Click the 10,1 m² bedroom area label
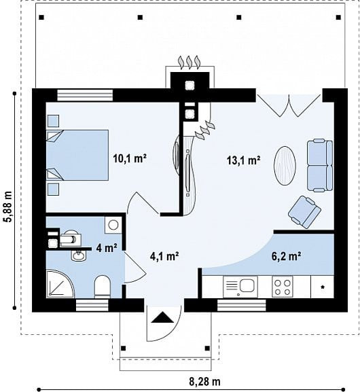click(x=130, y=158)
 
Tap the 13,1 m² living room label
click(x=243, y=160)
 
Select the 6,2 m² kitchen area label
click(x=286, y=256)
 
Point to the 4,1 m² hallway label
click(x=164, y=256)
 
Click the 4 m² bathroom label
click(x=107, y=248)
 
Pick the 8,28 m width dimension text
click(x=204, y=382)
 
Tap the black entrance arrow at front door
click(x=162, y=317)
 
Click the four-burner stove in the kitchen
click(x=283, y=287)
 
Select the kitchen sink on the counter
click(x=240, y=287)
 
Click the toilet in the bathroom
click(x=103, y=287)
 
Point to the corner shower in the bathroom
click(x=60, y=283)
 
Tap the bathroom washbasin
click(x=78, y=255)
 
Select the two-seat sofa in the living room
click(x=320, y=166)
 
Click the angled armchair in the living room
click(x=304, y=212)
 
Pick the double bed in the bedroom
click(x=77, y=155)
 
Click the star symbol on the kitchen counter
click(x=323, y=287)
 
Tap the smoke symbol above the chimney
click(x=190, y=62)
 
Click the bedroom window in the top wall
click(x=85, y=95)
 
